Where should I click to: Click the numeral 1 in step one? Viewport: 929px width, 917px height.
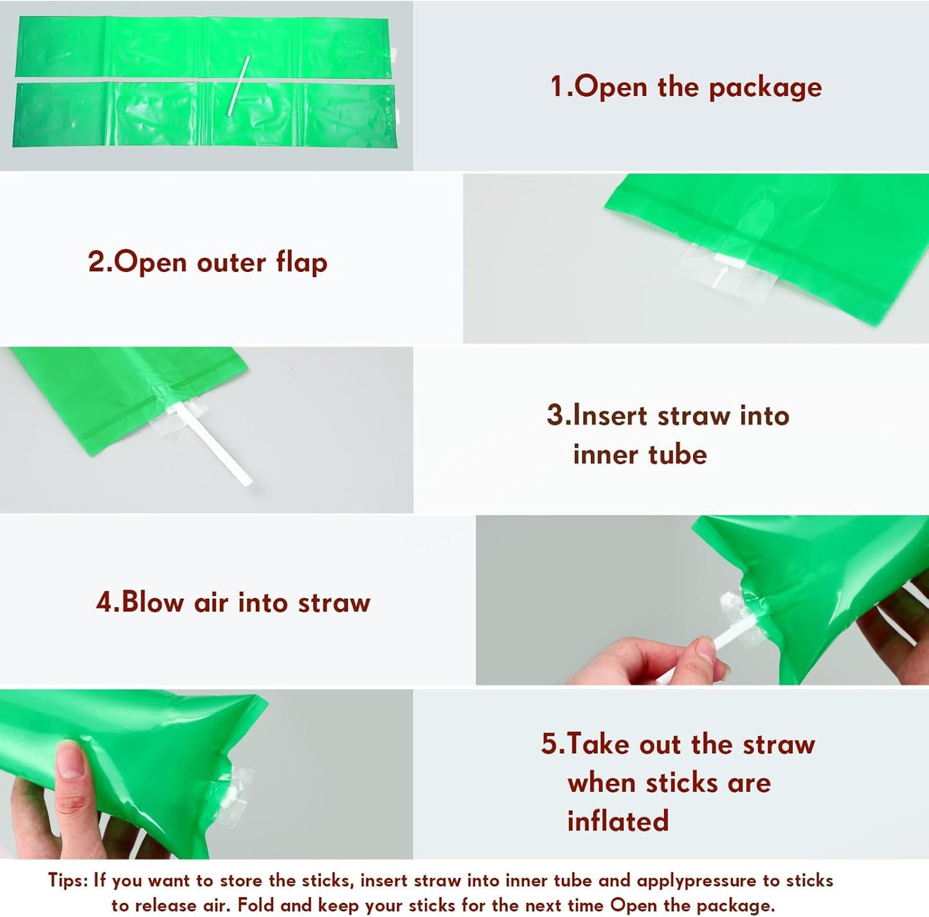556,87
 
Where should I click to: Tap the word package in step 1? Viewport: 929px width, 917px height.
765,88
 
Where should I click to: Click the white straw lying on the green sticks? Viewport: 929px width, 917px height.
239,86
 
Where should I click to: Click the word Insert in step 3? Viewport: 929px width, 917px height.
610,416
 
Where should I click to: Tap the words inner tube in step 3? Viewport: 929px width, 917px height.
640,455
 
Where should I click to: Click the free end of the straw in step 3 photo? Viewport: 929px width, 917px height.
248,482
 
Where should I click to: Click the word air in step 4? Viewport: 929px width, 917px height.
211,603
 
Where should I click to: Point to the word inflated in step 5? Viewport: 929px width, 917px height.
618,821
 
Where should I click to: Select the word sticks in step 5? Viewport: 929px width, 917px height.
682,783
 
